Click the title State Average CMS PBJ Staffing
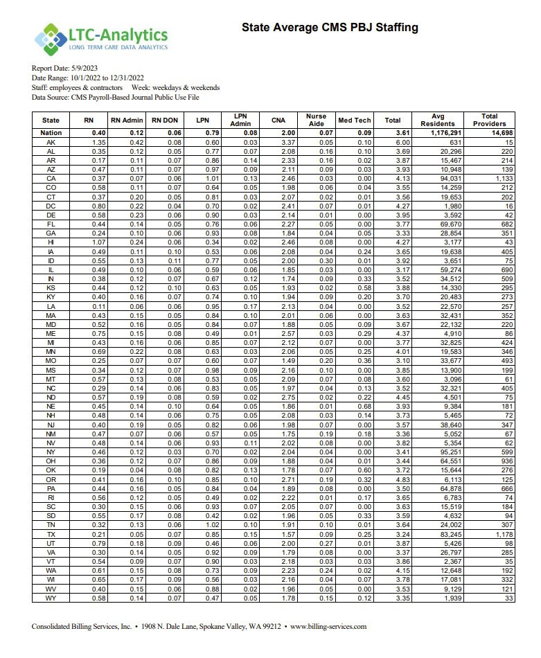point(330,28)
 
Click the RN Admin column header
point(127,120)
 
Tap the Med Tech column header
point(354,120)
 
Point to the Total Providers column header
point(489,120)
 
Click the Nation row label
point(51,132)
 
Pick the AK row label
point(51,141)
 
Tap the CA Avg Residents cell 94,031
point(443,178)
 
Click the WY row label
point(51,598)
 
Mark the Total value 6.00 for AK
point(393,141)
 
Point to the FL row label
point(51,224)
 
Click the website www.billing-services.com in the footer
point(328,627)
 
